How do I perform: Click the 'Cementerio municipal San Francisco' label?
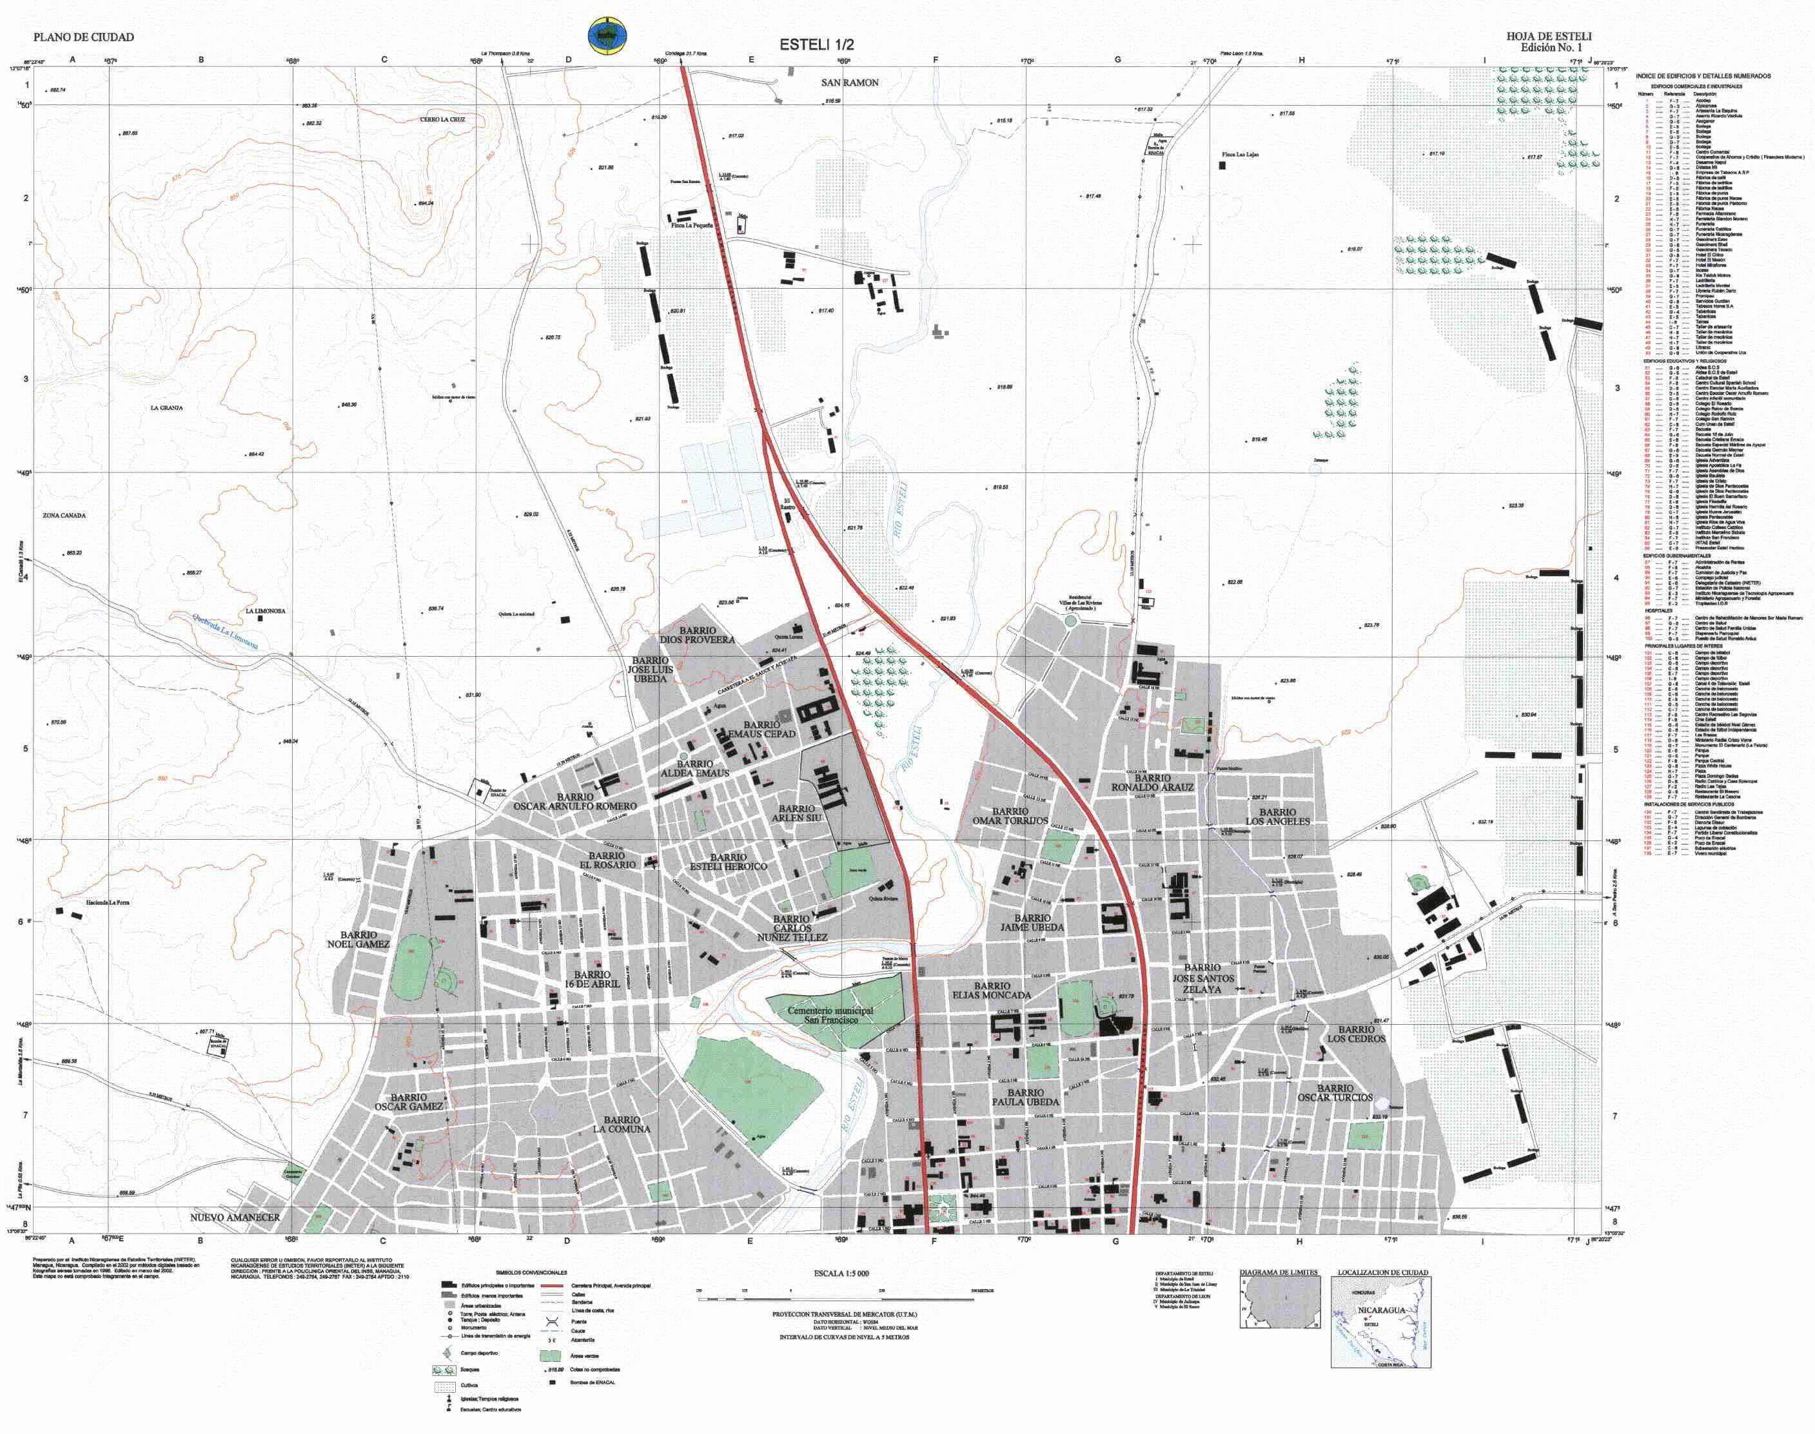click(x=830, y=1015)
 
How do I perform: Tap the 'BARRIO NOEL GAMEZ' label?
click(x=358, y=940)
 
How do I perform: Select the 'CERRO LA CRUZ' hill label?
click(x=442, y=119)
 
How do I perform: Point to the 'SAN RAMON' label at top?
click(x=849, y=82)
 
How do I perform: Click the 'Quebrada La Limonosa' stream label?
click(x=225, y=630)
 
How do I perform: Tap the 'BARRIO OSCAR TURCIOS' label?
click(x=1335, y=1093)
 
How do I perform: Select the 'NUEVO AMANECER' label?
click(x=235, y=1217)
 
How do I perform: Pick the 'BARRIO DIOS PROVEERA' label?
click(x=697, y=635)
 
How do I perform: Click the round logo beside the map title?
click(x=611, y=36)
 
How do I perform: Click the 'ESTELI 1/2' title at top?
click(x=816, y=44)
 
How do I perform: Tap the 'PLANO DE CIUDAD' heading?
click(x=83, y=37)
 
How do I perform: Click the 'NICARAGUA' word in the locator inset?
click(x=1382, y=1311)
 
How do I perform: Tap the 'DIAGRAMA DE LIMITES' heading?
click(x=1279, y=1273)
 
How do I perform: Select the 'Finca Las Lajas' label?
click(x=1240, y=155)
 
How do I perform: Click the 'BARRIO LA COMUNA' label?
click(x=622, y=1124)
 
